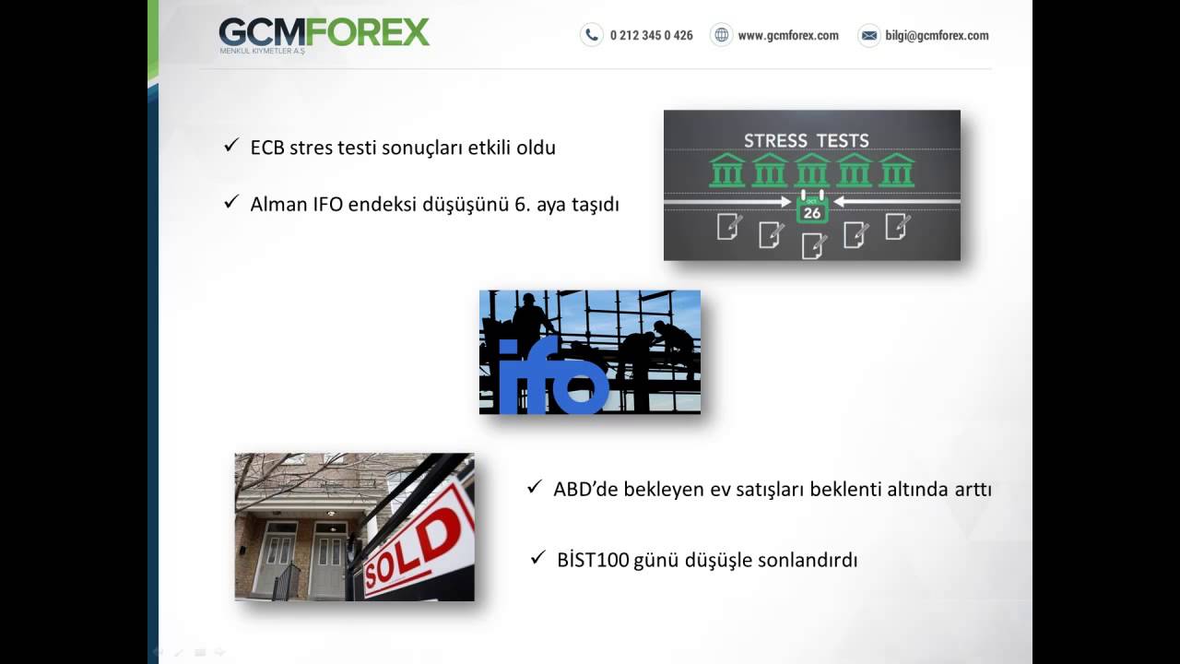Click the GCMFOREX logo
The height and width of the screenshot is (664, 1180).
click(x=324, y=35)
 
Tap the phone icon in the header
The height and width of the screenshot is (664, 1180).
click(x=592, y=35)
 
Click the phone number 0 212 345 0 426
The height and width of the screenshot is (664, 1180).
click(x=651, y=35)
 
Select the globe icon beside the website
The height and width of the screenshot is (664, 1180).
click(x=721, y=35)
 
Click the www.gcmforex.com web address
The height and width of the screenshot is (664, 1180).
click(x=788, y=35)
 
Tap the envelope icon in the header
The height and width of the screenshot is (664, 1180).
click(x=869, y=35)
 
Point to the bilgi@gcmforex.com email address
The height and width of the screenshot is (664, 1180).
click(x=937, y=35)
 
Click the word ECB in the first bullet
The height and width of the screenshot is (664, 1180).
click(x=267, y=148)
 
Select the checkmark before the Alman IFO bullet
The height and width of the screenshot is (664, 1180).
click(x=231, y=201)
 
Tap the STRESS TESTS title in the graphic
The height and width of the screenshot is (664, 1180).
click(x=807, y=141)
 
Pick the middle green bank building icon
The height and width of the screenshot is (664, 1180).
click(x=812, y=170)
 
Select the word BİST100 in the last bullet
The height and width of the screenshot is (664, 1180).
click(x=593, y=560)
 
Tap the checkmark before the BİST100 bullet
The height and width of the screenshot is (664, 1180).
click(x=537, y=557)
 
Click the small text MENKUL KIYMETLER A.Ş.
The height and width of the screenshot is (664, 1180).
click(x=263, y=51)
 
